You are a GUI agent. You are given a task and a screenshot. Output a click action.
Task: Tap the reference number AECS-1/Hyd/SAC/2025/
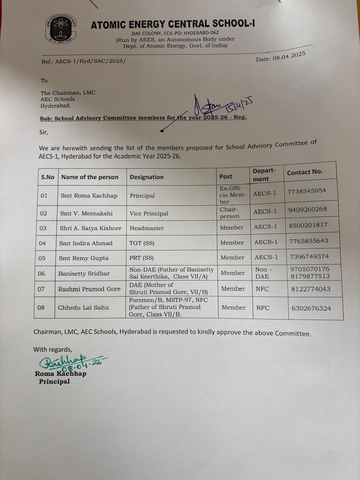[83, 61]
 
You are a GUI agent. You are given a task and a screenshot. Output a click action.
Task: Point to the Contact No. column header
[305, 172]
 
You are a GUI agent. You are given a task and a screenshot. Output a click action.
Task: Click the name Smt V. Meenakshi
[86, 213]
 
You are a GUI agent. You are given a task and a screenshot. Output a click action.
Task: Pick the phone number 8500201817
[308, 225]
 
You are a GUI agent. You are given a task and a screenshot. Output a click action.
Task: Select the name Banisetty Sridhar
[84, 273]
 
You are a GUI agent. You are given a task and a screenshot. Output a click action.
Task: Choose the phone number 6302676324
[311, 308]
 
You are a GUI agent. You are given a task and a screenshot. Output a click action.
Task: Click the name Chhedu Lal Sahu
[83, 307]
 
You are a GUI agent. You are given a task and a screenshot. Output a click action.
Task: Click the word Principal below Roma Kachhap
[54, 381]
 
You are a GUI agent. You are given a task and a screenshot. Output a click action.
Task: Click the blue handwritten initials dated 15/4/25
[221, 106]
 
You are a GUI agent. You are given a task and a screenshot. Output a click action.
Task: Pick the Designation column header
[147, 177]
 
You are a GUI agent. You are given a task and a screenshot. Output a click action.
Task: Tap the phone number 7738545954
[307, 191]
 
